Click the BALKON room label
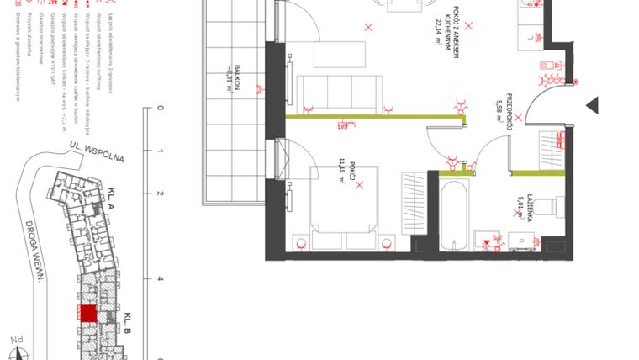237,81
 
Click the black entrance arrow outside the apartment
593,105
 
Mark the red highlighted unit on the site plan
87,313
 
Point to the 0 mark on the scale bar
161,109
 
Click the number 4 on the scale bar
161,279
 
